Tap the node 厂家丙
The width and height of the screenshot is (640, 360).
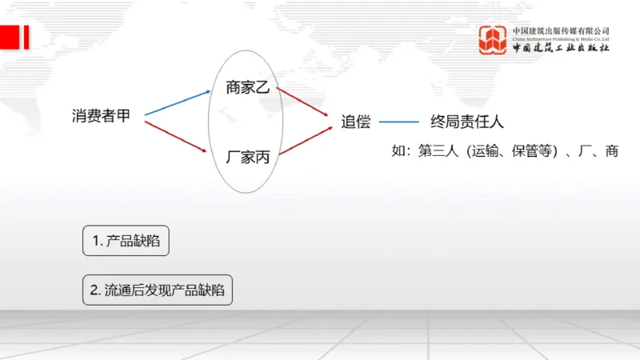click(248, 157)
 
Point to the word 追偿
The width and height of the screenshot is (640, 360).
click(356, 122)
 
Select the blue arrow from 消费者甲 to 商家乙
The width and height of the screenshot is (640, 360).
click(177, 102)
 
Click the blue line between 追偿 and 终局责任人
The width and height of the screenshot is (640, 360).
click(398, 122)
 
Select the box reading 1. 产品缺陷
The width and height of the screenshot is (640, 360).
click(126, 241)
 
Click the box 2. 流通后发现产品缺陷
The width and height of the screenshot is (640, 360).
click(157, 290)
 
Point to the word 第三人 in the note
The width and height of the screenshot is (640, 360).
click(436, 150)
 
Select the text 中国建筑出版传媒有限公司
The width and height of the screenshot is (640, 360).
click(561, 31)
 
